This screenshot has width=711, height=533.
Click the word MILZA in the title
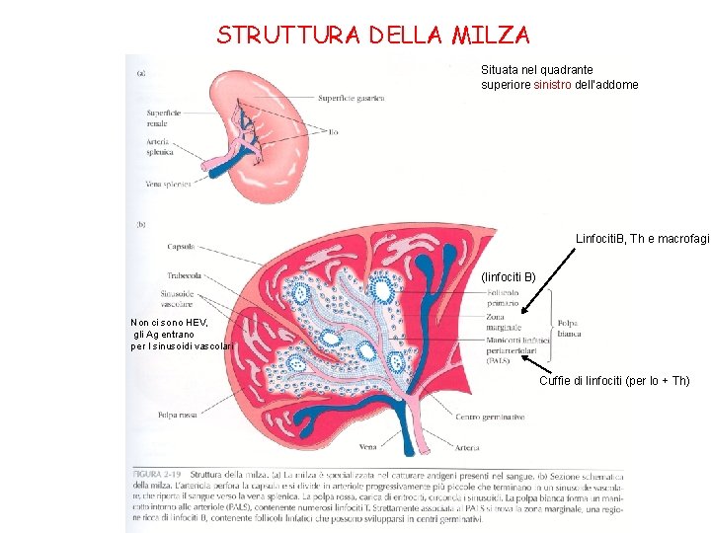(x=491, y=36)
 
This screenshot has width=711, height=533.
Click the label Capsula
(x=181, y=246)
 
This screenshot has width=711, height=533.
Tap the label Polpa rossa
(x=182, y=416)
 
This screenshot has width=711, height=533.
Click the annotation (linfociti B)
(x=508, y=277)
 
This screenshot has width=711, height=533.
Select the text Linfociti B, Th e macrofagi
(x=642, y=240)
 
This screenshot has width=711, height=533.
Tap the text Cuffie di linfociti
(x=591, y=381)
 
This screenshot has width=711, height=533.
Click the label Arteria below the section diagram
(x=470, y=446)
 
